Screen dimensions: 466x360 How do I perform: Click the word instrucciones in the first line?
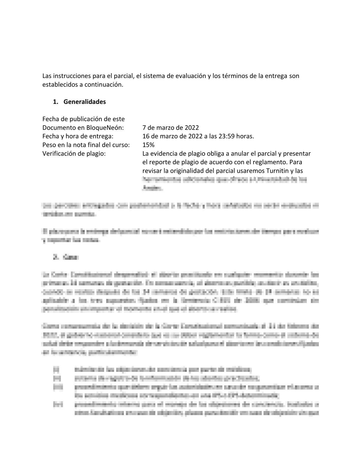click(71, 76)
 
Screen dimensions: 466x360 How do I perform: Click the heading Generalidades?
click(85, 102)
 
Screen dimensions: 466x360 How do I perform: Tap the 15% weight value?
click(148, 145)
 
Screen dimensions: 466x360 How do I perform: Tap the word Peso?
click(49, 145)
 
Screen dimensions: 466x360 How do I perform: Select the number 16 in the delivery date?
click(146, 136)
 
